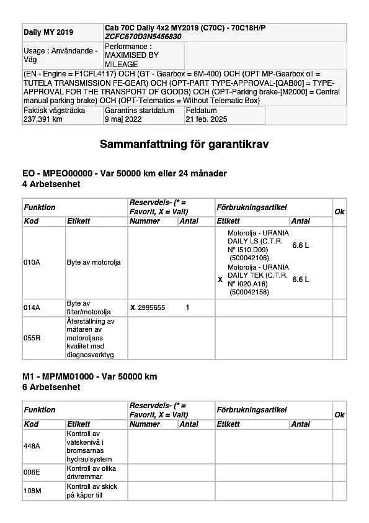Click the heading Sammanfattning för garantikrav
(184, 145)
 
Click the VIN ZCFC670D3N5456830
(144, 37)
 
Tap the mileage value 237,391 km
(43, 119)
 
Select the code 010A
(32, 262)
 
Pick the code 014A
(32, 307)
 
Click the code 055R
(32, 339)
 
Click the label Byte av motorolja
(94, 262)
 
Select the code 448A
(32, 445)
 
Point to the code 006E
(32, 472)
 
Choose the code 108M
(32, 490)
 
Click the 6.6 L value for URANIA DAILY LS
(300, 245)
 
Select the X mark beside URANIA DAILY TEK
(220, 280)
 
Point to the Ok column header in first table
(339, 212)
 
